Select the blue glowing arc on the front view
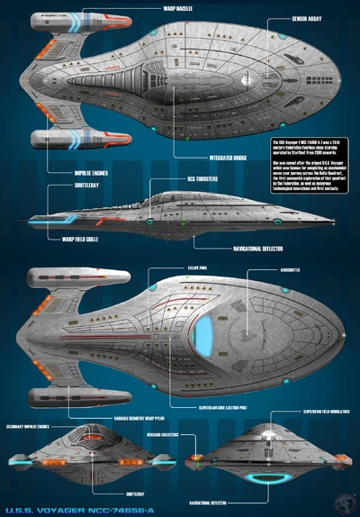pyautogui.click(x=265, y=477)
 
